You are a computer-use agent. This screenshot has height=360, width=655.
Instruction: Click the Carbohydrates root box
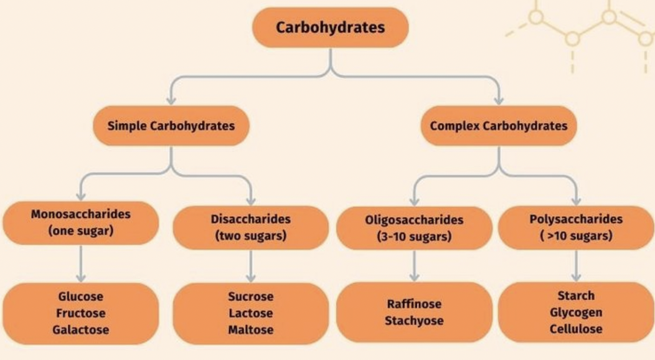331,27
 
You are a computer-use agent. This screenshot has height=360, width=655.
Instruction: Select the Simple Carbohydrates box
171,126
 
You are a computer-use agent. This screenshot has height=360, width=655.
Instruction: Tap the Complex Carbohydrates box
499,126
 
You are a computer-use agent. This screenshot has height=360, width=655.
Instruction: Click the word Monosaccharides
80,214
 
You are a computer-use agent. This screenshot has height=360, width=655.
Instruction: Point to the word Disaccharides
251,219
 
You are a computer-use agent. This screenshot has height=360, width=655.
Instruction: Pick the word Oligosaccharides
414,220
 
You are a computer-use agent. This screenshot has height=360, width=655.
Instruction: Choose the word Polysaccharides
576,219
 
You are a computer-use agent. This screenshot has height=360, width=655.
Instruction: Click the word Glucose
80,296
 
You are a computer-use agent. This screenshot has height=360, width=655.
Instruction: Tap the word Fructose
80,313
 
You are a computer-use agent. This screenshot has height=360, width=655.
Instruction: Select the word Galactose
80,330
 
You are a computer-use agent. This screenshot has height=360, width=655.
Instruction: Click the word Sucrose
251,296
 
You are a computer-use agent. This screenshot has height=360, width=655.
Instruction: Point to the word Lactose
251,313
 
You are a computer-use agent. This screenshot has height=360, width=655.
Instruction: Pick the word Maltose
251,330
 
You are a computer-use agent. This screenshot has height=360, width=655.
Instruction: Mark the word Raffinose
414,304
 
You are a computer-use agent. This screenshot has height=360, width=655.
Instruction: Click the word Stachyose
414,321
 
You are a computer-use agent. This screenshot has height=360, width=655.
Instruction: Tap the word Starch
576,296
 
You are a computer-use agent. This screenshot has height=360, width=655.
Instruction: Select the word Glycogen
576,313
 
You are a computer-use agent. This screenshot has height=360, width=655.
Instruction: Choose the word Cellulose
576,329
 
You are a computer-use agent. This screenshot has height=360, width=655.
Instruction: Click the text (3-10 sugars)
414,237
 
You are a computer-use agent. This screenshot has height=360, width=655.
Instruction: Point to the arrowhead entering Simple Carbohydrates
171,100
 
